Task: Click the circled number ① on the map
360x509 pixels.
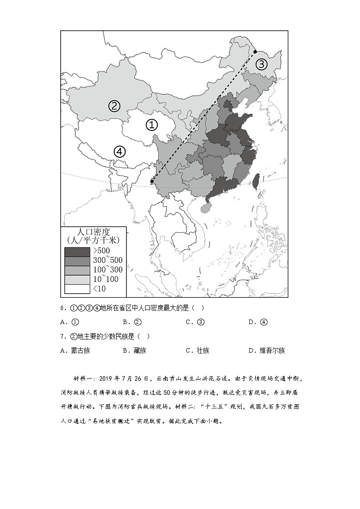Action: (151, 124)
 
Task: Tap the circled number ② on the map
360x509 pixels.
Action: (114, 106)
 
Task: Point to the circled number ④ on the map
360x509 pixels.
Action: (119, 151)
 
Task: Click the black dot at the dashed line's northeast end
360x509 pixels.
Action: (255, 52)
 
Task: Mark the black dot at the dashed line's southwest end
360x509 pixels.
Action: (151, 182)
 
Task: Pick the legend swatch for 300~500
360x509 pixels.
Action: (77, 261)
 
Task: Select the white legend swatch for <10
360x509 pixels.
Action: (77, 289)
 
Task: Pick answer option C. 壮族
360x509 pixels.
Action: (198, 350)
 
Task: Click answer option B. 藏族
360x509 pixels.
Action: (135, 350)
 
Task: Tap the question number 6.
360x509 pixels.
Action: (63, 308)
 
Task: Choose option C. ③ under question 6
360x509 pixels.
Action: (195, 322)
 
